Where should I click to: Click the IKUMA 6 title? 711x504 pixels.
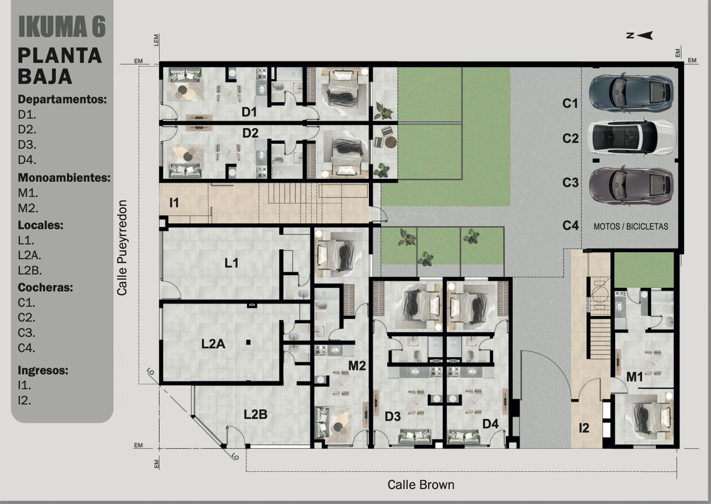pos(62,27)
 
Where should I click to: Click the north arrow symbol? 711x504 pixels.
pos(640,35)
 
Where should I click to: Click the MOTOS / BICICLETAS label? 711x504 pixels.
pos(631,227)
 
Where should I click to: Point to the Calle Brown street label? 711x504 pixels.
pos(421,485)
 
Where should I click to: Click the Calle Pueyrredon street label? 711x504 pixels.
pos(122,248)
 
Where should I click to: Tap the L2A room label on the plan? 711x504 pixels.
pos(213,344)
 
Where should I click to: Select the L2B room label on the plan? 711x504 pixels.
pos(256,414)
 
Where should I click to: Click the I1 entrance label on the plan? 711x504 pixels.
pos(174,202)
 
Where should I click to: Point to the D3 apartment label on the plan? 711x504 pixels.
pos(393,416)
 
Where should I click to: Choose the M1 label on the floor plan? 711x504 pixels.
pos(634,377)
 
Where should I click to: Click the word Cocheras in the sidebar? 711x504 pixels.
pos(45,287)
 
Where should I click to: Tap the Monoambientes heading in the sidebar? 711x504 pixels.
pos(64,178)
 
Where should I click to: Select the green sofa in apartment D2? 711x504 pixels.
pos(185,170)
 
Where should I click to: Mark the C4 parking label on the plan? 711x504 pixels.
pos(570,225)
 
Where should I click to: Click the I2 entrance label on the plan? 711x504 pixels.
pos(584,428)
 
